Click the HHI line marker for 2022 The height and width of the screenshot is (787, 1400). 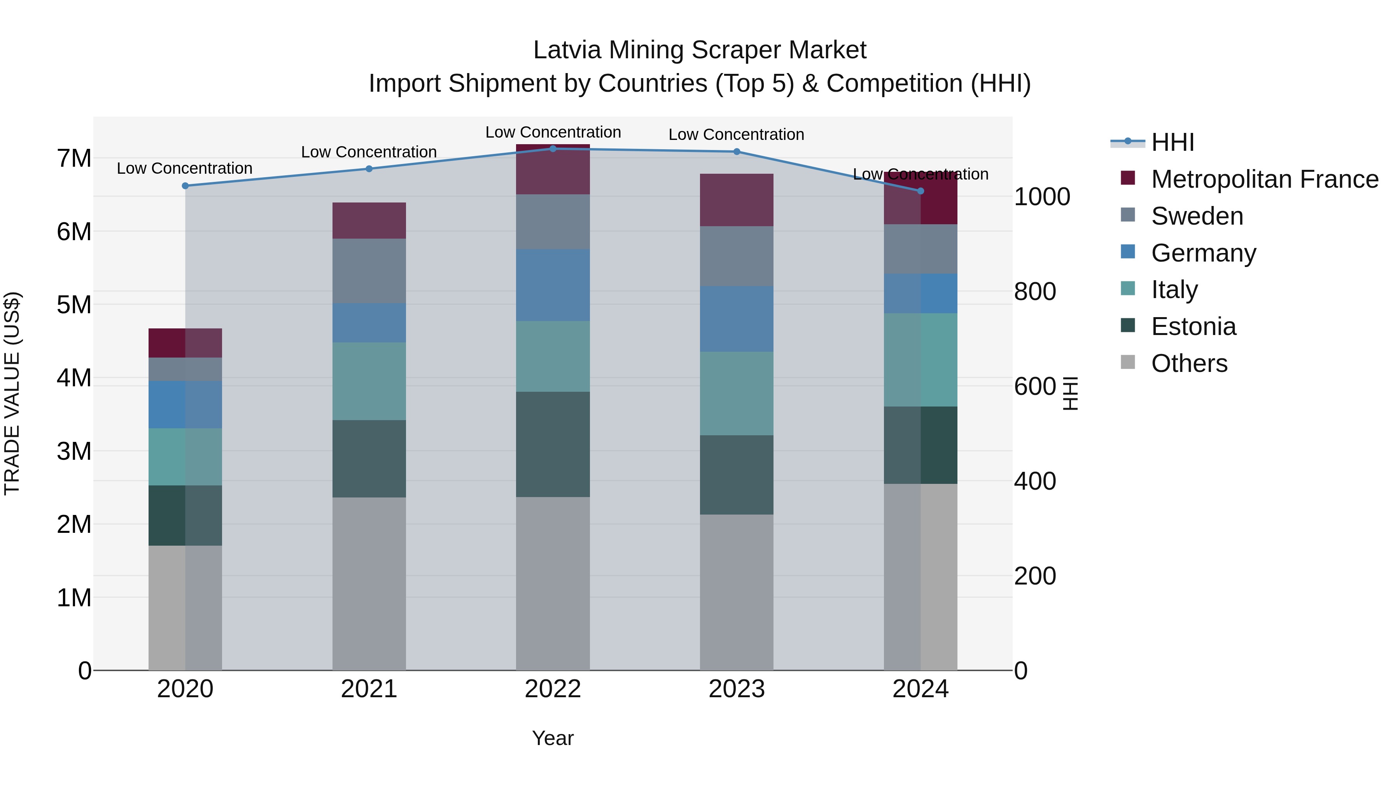pyautogui.click(x=553, y=148)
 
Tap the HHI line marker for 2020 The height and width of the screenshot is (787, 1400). pyautogui.click(x=185, y=186)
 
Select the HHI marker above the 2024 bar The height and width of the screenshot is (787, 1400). pyautogui.click(x=920, y=191)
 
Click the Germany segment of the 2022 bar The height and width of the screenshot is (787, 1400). pyautogui.click(x=553, y=285)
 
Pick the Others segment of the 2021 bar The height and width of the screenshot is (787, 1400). pyautogui.click(x=369, y=583)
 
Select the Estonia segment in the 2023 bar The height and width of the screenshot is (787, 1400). pyautogui.click(x=737, y=475)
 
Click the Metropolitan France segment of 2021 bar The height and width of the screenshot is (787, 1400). pyautogui.click(x=369, y=220)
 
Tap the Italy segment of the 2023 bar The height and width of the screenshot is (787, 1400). pyautogui.click(x=737, y=393)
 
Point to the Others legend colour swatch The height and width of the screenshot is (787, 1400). pyautogui.click(x=1128, y=362)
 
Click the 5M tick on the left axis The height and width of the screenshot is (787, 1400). pyautogui.click(x=74, y=305)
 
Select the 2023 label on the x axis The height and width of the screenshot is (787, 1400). pyautogui.click(x=737, y=689)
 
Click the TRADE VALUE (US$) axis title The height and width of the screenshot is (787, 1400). pyautogui.click(x=12, y=393)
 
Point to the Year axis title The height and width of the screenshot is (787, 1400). pyautogui.click(x=553, y=738)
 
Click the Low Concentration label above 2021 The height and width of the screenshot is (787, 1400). pyautogui.click(x=369, y=152)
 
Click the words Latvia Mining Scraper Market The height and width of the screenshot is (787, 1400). pyautogui.click(x=700, y=50)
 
